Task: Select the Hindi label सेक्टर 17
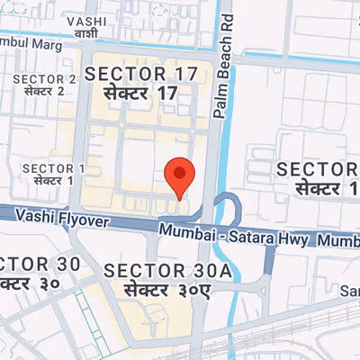tap(139, 94)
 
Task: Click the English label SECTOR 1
tap(54, 168)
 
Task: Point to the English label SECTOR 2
tap(44, 78)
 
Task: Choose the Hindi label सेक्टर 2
tap(44, 91)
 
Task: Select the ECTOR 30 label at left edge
tap(40, 265)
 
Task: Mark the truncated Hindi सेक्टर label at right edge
tap(325, 189)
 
